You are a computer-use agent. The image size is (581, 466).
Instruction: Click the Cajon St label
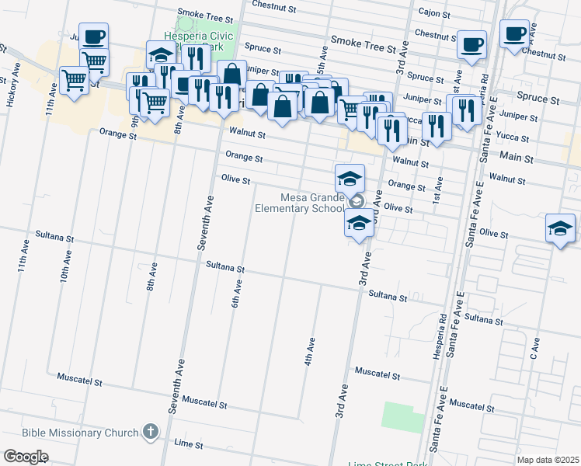click(434, 12)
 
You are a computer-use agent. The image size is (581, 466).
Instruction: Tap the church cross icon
click(151, 432)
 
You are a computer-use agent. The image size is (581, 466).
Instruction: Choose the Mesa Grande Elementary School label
click(300, 202)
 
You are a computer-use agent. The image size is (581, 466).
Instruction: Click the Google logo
click(26, 457)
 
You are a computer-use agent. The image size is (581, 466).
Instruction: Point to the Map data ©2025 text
click(548, 460)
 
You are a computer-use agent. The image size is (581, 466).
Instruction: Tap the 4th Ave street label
click(310, 351)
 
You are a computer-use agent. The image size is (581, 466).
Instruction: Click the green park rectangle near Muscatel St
click(402, 417)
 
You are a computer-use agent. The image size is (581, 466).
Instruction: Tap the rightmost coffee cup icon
click(513, 33)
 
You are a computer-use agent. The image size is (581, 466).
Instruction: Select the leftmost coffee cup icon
click(93, 37)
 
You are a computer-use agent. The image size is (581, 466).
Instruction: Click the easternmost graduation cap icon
click(560, 228)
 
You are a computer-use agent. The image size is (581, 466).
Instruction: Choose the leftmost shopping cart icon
click(75, 78)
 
